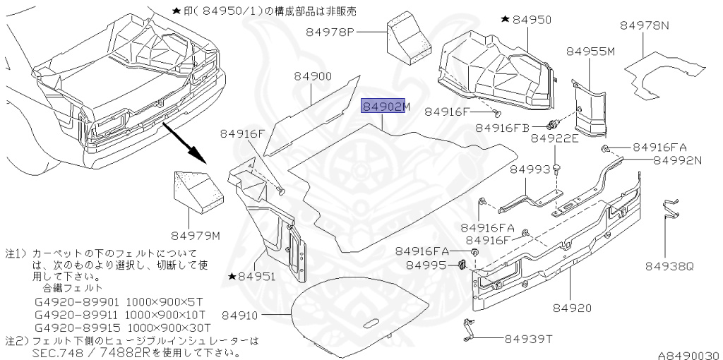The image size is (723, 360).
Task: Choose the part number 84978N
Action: click(645, 25)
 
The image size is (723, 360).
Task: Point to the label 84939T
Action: click(526, 339)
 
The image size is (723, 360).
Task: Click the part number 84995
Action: click(426, 265)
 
